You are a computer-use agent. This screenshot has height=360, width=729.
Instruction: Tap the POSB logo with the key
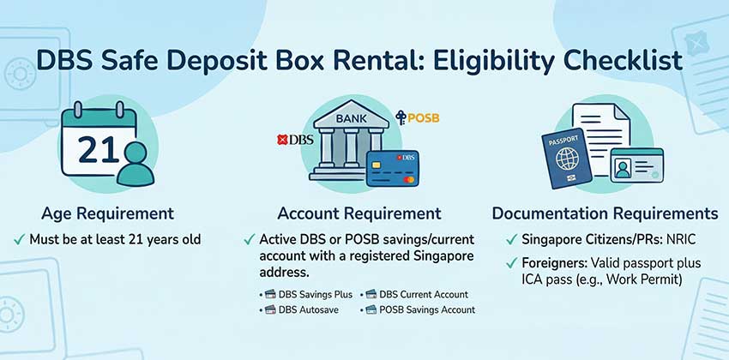418,117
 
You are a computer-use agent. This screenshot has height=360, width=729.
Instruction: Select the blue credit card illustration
390,169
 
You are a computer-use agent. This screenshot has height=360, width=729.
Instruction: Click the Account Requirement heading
359,213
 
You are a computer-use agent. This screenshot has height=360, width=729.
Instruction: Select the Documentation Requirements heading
605,213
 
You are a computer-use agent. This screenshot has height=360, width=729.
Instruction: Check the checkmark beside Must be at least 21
18,239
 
